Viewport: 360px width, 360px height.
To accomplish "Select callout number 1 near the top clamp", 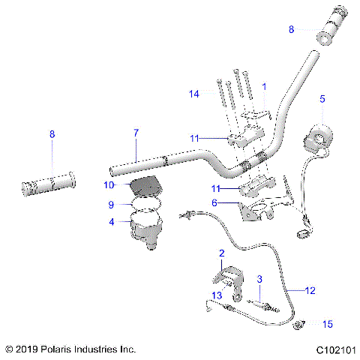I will pyautogui.click(x=264, y=88).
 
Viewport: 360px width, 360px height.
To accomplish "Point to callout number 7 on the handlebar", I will pyautogui.click(x=136, y=133).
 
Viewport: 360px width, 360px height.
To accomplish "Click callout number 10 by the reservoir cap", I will pyautogui.click(x=108, y=184).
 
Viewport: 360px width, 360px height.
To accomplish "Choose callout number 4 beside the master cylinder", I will pyautogui.click(x=112, y=222).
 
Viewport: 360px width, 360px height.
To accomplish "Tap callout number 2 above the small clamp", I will pyautogui.click(x=221, y=254).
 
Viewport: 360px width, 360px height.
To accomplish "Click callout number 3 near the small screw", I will pyautogui.click(x=259, y=279).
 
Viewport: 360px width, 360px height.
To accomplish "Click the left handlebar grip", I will pyautogui.click(x=49, y=183).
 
